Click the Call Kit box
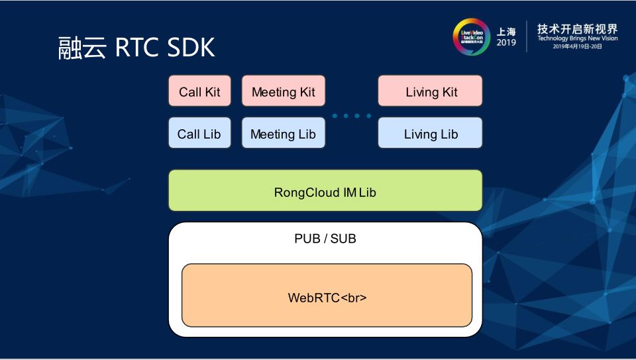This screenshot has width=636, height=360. click(199, 91)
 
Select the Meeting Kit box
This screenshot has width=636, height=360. click(283, 91)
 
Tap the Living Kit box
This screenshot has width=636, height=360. click(431, 91)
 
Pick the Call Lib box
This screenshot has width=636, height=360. click(199, 133)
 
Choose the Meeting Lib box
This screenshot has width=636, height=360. click(283, 133)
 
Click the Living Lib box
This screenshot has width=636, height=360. click(431, 133)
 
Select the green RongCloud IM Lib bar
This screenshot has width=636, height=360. click(325, 191)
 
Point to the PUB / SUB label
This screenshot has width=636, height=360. click(325, 239)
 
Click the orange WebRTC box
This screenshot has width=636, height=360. click(327, 296)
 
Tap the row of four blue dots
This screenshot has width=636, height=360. click(352, 116)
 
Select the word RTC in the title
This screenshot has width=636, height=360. click(135, 48)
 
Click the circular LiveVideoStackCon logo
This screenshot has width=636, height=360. click(470, 36)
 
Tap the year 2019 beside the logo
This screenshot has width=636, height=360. click(506, 43)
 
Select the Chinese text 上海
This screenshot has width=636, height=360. click(506, 31)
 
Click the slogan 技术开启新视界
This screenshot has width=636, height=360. click(577, 29)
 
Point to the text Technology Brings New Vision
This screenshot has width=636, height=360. click(577, 39)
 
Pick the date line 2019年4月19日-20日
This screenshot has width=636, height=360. click(577, 47)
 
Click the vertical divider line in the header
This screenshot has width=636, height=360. click(527, 36)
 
